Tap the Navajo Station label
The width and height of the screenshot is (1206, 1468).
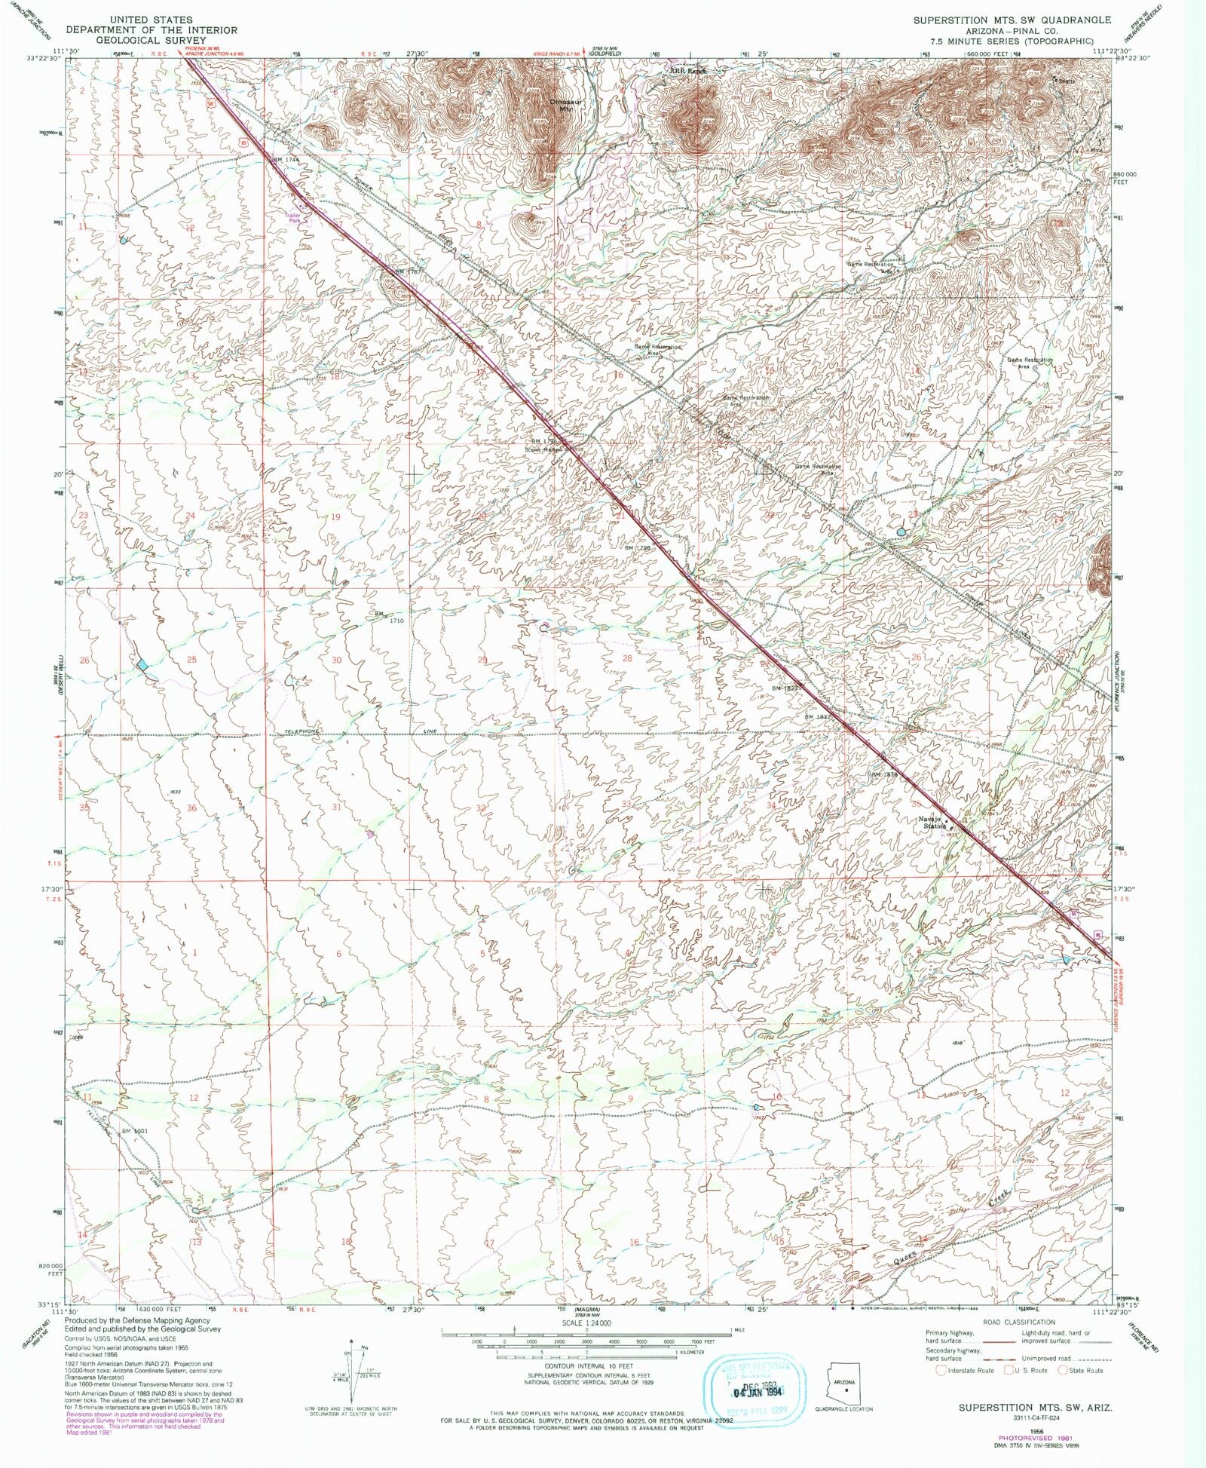pos(932,822)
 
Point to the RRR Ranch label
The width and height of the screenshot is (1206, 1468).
pos(690,71)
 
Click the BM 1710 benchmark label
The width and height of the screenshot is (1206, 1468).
pos(390,617)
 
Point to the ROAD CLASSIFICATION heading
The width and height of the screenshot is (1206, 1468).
pos(1018,1322)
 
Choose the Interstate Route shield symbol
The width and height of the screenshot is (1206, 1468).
pos(940,1371)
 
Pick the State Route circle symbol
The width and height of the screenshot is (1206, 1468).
pos(1063,1371)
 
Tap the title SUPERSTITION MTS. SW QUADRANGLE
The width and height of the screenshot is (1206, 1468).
pos(1012,20)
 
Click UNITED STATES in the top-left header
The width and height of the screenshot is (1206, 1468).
pos(151,20)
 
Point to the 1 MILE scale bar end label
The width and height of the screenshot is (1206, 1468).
pos(738,1331)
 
